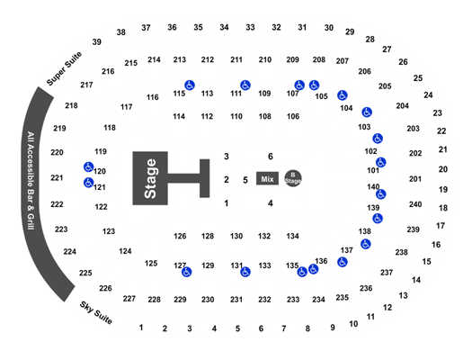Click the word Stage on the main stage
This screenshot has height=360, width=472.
point(150,178)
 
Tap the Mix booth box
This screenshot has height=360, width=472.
point(267,178)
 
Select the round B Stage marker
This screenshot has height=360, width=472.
point(293,178)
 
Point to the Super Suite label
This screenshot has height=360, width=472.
point(64,68)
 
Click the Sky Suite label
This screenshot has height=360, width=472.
point(96,312)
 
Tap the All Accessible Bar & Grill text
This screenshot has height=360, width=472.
point(31,181)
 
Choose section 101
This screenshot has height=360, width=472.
point(373,170)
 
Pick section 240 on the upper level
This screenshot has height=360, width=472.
point(415,204)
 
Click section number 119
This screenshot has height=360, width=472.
point(101,151)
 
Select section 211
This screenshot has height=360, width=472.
point(236,59)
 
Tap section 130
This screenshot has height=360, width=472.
point(236,236)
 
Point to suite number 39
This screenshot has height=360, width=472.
point(96,42)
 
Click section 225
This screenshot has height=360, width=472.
point(85,273)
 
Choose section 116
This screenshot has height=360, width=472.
point(153,97)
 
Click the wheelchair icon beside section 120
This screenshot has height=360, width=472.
point(88,166)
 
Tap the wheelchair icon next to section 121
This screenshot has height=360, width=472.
point(88,183)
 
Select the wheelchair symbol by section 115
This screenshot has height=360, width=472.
point(190,85)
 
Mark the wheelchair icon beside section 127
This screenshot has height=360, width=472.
point(187,272)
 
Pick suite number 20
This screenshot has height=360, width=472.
point(443,169)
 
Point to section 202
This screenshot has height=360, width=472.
point(415,153)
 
